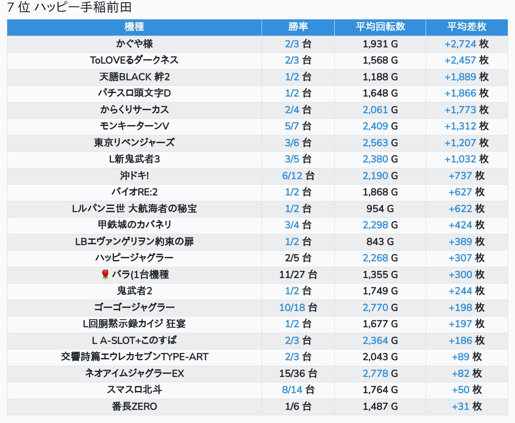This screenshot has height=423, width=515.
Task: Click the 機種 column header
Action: (x=134, y=27)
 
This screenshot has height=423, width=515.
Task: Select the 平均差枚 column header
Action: (x=467, y=27)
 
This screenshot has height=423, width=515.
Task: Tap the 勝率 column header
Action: (x=298, y=27)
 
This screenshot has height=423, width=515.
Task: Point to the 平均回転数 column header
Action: (x=380, y=27)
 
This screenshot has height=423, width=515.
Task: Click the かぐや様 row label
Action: (x=134, y=44)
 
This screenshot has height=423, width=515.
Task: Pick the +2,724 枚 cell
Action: (x=467, y=44)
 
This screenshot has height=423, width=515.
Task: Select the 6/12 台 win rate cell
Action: (x=298, y=176)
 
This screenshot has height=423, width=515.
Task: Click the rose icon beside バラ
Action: (x=105, y=274)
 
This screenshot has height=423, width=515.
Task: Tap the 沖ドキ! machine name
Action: (x=134, y=176)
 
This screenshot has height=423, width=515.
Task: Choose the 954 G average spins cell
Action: (x=380, y=209)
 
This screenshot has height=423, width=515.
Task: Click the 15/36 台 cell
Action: (x=298, y=373)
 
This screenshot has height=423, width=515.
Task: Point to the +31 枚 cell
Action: (x=467, y=406)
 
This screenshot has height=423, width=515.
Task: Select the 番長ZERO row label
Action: (x=134, y=406)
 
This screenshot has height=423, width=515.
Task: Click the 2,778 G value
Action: (x=380, y=373)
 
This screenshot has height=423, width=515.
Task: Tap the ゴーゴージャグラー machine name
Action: (x=134, y=307)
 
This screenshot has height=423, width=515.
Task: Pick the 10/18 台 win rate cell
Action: (x=298, y=307)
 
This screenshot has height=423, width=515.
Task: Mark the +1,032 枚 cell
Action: (x=467, y=159)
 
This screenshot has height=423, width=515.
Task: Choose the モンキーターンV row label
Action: (x=134, y=126)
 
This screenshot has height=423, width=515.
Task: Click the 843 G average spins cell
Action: (x=380, y=242)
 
